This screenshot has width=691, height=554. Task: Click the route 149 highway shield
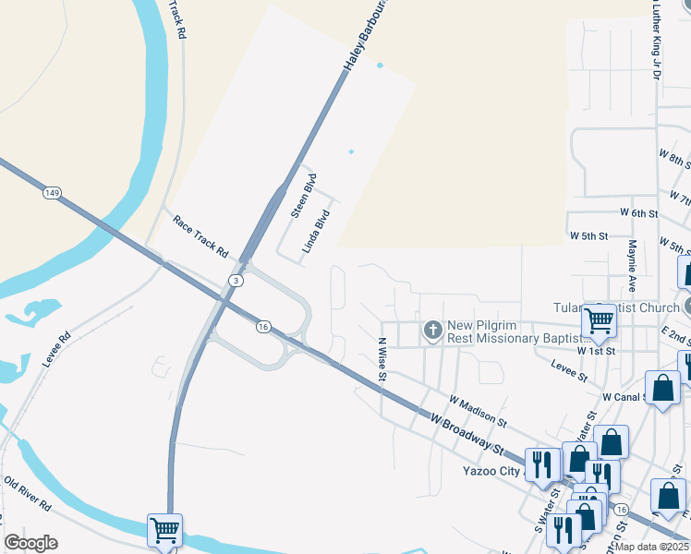click(x=52, y=193)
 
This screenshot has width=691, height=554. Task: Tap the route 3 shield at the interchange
click(x=236, y=280)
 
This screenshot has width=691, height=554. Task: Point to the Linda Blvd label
click(x=317, y=232)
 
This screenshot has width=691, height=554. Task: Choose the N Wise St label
click(x=381, y=361)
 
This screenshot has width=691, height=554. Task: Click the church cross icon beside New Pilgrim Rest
click(x=431, y=330)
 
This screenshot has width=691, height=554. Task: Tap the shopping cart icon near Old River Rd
click(x=164, y=530)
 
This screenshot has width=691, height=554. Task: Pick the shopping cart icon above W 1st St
click(x=599, y=321)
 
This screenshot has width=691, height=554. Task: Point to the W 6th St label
click(x=638, y=213)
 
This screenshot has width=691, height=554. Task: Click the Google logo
click(x=30, y=543)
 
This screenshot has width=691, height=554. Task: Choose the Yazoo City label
click(x=492, y=470)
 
